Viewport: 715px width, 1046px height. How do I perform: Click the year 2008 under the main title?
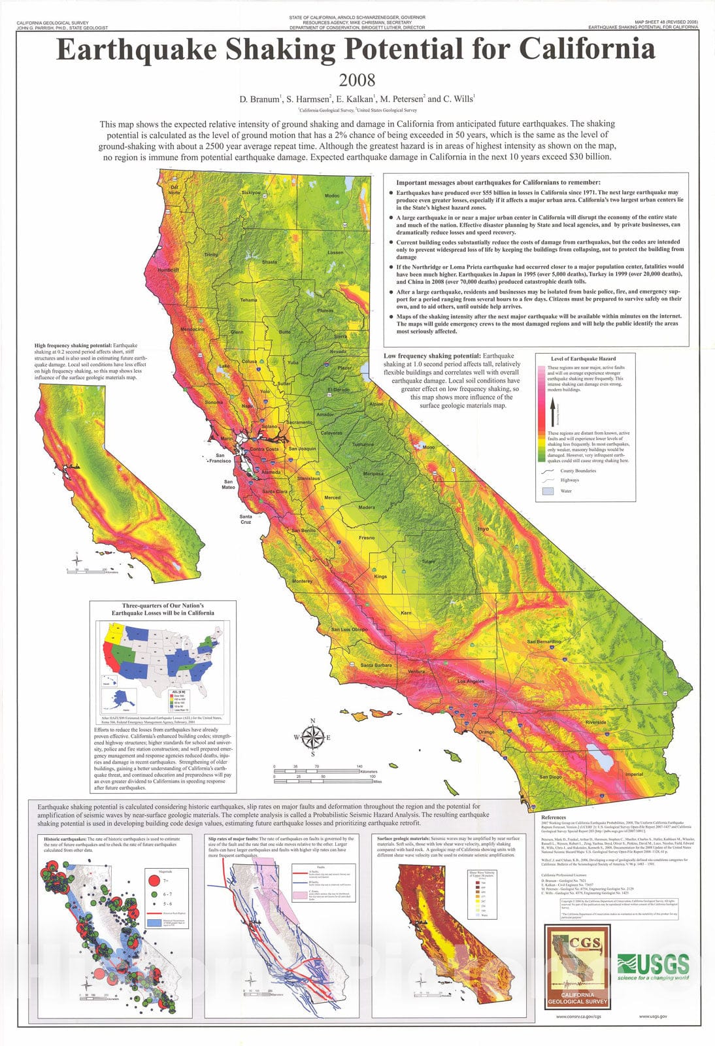pyautogui.click(x=357, y=80)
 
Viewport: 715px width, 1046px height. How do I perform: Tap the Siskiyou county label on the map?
pyautogui.click(x=251, y=193)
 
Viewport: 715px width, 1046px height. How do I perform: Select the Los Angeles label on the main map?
pyautogui.click(x=471, y=681)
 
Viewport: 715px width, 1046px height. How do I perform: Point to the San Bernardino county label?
pyautogui.click(x=544, y=641)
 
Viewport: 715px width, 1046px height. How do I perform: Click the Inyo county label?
pyautogui.click(x=483, y=528)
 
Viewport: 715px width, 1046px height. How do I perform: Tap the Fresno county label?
pyautogui.click(x=367, y=537)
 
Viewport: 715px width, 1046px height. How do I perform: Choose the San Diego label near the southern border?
pyautogui.click(x=550, y=777)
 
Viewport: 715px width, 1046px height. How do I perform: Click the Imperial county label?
pyautogui.click(x=634, y=774)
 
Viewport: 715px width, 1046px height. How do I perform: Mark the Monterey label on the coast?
pyautogui.click(x=302, y=581)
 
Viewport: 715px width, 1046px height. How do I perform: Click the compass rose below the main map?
pyautogui.click(x=312, y=737)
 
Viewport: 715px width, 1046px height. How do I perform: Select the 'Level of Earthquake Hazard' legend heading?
pyautogui.click(x=584, y=359)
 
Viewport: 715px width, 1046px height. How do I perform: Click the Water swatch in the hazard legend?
pyautogui.click(x=548, y=490)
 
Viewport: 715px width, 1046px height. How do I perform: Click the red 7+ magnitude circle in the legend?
pyautogui.click(x=152, y=880)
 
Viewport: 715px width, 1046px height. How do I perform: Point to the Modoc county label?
pyautogui.click(x=332, y=195)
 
